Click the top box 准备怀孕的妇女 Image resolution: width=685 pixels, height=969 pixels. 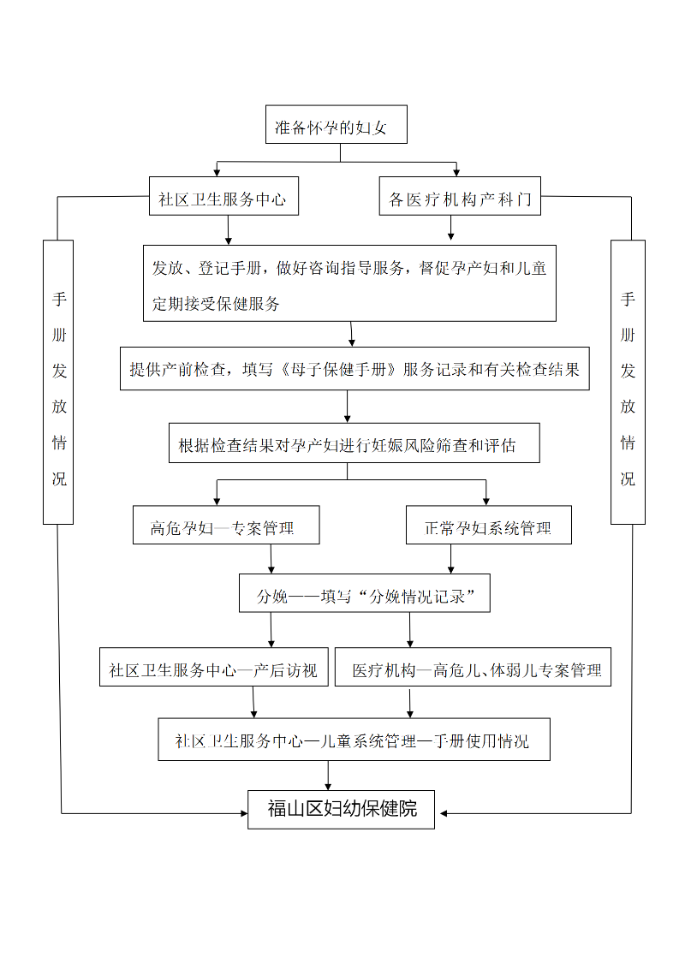point(337,124)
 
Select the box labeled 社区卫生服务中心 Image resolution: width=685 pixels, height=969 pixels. point(223,196)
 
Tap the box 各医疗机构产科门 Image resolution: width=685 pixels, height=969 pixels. point(460,196)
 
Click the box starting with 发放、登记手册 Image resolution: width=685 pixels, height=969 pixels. point(349,283)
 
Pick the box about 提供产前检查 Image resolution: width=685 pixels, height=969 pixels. point(354,368)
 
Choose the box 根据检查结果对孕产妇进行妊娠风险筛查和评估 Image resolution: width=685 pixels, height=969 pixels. point(354,443)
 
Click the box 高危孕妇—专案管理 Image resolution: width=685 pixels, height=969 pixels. point(226,525)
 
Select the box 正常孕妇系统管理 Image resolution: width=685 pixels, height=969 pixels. point(488,525)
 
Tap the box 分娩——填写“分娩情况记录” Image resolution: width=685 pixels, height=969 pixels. point(365,593)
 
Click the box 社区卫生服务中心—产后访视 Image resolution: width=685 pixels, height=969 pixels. point(214,667)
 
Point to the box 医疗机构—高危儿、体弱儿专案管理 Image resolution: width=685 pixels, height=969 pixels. point(473,667)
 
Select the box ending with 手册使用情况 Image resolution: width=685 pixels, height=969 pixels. point(354,739)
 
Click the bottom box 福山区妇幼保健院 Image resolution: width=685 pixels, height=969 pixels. point(342,810)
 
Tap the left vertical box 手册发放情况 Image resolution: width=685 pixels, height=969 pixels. point(58,382)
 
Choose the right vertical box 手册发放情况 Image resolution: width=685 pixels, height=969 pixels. point(628,382)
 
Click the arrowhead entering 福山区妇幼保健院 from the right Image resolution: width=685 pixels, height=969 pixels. point(444,813)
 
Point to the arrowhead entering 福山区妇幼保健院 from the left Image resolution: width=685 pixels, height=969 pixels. point(244,813)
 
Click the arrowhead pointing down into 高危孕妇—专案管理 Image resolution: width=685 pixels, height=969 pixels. point(217,501)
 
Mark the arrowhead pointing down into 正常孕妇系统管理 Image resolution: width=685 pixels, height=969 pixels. point(486,501)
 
